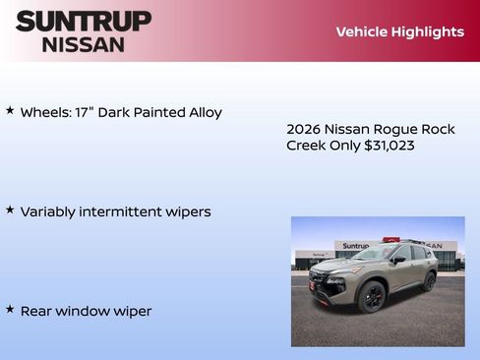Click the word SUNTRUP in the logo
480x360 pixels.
pyautogui.click(x=83, y=21)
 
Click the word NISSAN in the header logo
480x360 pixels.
pyautogui.click(x=83, y=43)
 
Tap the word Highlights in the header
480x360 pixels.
pyautogui.click(x=428, y=31)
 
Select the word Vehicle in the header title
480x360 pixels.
pyautogui.click(x=361, y=31)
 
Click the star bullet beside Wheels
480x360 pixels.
pyautogui.click(x=10, y=111)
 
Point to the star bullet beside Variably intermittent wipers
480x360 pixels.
pyautogui.click(x=10, y=210)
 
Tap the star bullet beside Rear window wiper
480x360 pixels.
pyautogui.click(x=10, y=310)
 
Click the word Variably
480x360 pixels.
pyautogui.click(x=50, y=211)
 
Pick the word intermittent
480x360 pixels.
pyautogui.click(x=123, y=211)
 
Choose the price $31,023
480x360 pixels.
pyautogui.click(x=390, y=146)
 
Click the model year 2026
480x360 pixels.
pyautogui.click(x=305, y=129)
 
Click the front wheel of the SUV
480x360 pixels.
pyautogui.click(x=372, y=297)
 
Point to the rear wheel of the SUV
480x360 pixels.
pyautogui.click(x=429, y=281)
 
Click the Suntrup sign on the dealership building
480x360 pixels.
pyautogui.click(x=355, y=246)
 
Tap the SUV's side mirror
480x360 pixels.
pyautogui.click(x=398, y=261)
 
